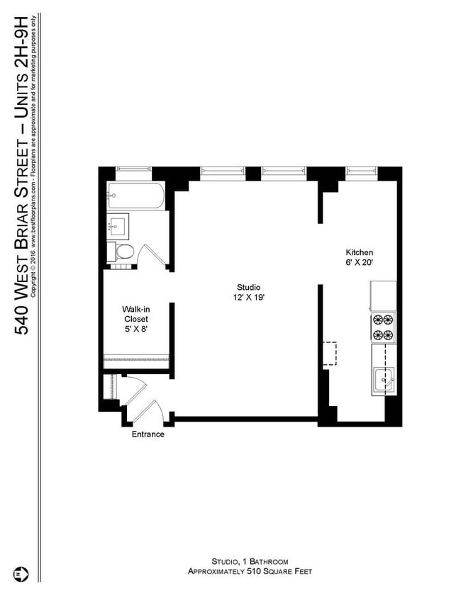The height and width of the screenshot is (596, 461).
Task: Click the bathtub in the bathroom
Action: coord(135,196)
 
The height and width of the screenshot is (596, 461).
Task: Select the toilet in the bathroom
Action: coord(123,252)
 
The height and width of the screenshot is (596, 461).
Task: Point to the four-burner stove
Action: coord(383,327)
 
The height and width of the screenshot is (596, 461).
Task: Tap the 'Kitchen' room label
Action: coord(359,252)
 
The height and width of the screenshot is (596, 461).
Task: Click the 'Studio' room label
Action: coord(250,287)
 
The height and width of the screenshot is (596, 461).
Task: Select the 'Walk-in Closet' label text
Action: coord(135,314)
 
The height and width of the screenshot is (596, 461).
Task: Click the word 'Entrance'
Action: coord(148,434)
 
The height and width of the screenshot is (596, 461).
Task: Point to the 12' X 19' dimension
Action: coord(250,297)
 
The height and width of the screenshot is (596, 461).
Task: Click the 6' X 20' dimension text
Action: coord(359,262)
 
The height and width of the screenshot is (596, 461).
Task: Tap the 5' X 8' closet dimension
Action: coord(135,329)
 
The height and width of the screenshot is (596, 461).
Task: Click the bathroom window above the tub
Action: coord(134,170)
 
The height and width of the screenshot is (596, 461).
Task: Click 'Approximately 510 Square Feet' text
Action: coord(250,571)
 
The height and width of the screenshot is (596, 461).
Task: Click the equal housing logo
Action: coord(21,572)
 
